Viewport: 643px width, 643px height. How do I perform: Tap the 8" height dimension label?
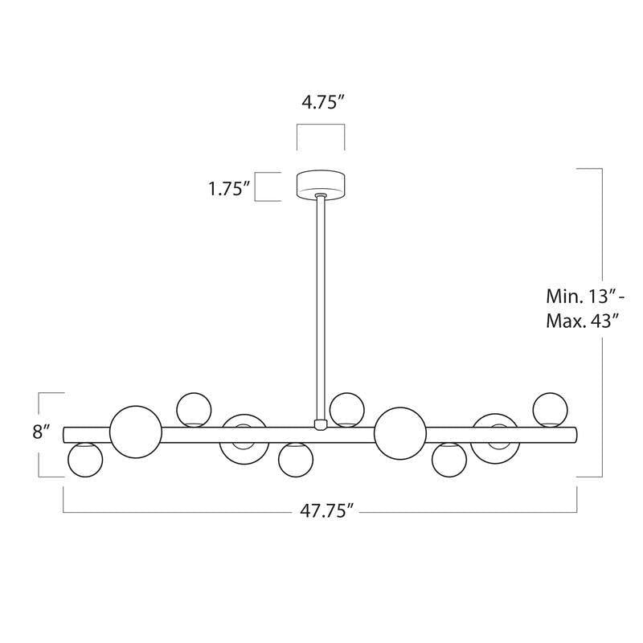pos(42,432)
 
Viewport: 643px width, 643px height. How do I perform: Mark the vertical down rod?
pos(321,305)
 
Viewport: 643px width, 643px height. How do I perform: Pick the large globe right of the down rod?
pos(400,432)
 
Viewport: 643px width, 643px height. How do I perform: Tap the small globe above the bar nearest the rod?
pos(346,409)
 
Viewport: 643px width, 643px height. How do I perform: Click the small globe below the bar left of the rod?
pos(296,460)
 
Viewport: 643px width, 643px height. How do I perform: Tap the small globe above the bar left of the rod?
pos(194,409)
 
